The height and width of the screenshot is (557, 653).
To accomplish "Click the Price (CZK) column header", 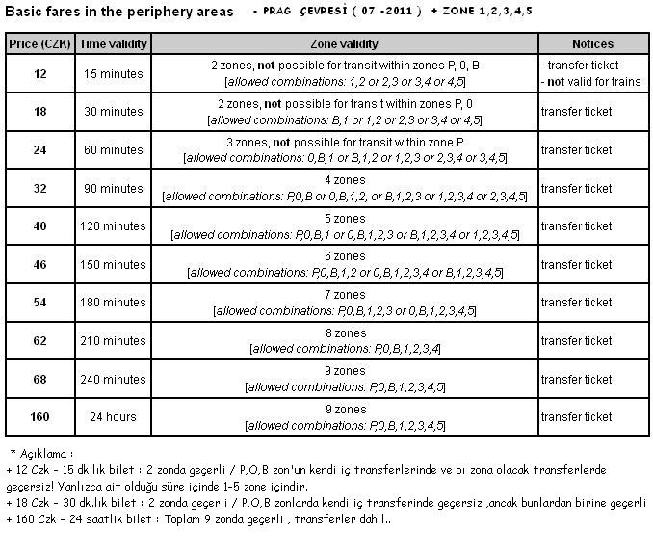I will (39, 44).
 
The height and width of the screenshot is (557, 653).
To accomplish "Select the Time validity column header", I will (112, 44).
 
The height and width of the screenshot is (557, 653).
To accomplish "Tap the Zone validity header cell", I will (344, 44).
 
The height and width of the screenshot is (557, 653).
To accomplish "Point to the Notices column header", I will (591, 44).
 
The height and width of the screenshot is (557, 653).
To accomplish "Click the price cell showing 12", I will (39, 73).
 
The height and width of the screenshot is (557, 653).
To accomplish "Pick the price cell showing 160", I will (39, 417).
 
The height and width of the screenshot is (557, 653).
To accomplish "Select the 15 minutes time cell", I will (112, 73).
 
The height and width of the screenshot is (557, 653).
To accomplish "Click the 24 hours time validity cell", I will (112, 417).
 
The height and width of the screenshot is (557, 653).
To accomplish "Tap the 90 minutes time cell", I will (112, 188).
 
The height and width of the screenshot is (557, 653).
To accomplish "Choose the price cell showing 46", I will (39, 264).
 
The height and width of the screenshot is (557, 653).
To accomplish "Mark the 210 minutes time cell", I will (112, 340).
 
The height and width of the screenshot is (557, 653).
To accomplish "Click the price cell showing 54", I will (39, 303).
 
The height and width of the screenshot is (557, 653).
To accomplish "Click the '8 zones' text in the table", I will (344, 333).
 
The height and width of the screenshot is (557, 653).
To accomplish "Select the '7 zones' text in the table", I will (344, 295).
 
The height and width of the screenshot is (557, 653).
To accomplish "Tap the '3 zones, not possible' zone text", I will (344, 143).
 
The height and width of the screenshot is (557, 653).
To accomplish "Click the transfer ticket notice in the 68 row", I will (576, 380).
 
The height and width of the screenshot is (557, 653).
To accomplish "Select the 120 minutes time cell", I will (112, 226).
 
